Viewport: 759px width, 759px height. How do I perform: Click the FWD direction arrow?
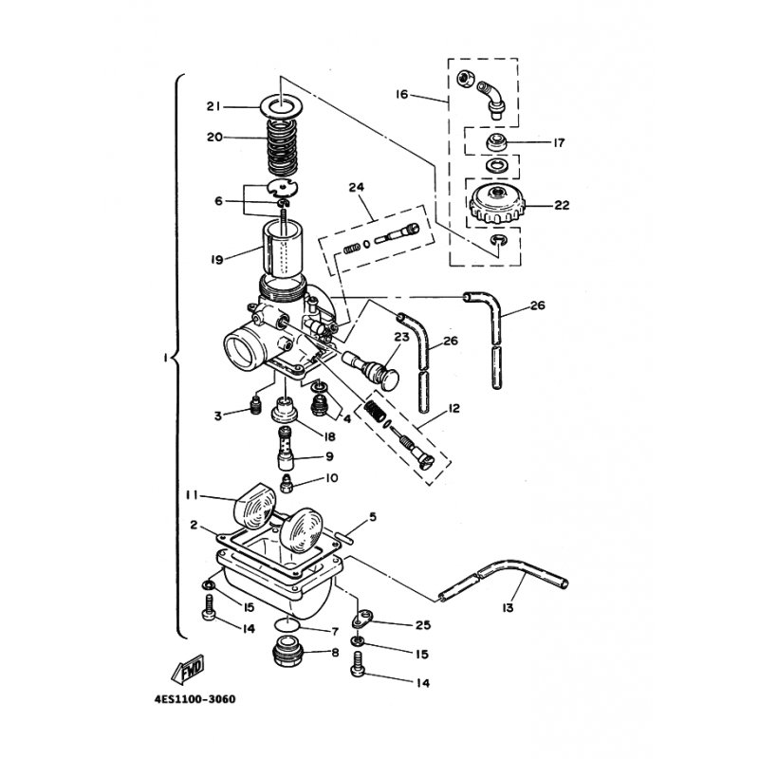[188, 670]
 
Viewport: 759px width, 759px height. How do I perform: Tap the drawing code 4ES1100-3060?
[195, 699]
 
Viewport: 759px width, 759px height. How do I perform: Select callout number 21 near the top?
[213, 106]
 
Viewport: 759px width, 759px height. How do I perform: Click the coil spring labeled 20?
[282, 148]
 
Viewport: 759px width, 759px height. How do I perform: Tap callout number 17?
[559, 143]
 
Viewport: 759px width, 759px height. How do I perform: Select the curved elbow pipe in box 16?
[491, 100]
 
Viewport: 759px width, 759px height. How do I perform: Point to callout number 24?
[357, 187]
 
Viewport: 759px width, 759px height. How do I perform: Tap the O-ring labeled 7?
[287, 624]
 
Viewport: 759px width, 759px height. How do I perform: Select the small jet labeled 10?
[287, 484]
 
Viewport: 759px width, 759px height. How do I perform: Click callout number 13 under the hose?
[508, 607]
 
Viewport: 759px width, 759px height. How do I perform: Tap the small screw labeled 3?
[254, 405]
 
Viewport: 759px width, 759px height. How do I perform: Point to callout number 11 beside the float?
[193, 494]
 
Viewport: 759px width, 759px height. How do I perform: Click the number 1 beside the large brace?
[165, 358]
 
